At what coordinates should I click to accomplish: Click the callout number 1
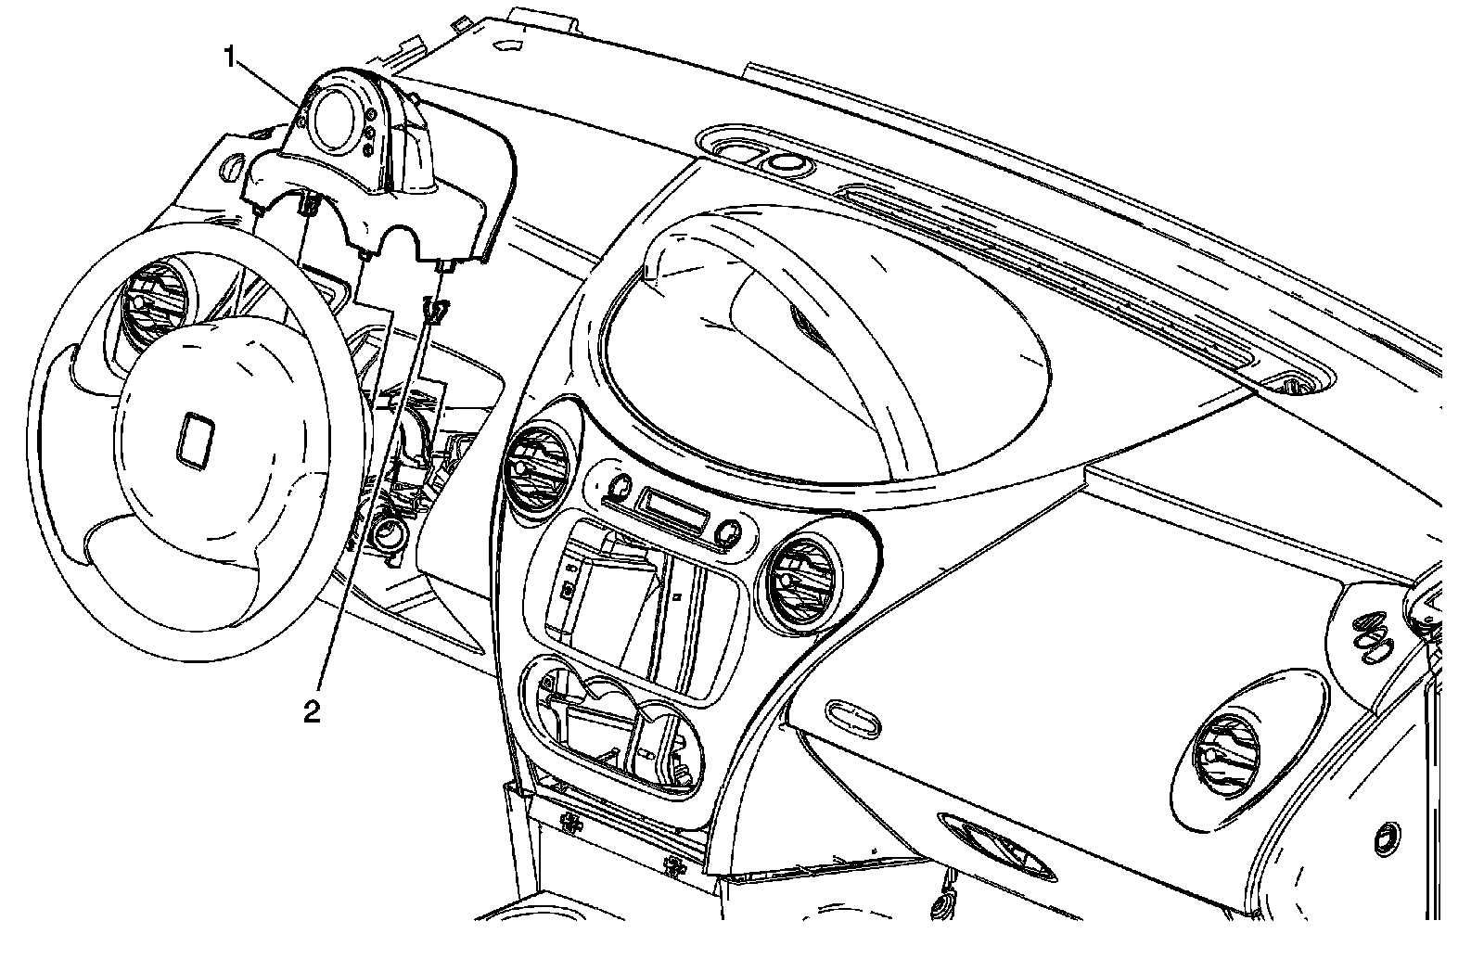tap(230, 58)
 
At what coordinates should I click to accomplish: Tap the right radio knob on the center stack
tap(728, 532)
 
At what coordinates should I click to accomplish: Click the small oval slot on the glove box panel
tap(851, 713)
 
